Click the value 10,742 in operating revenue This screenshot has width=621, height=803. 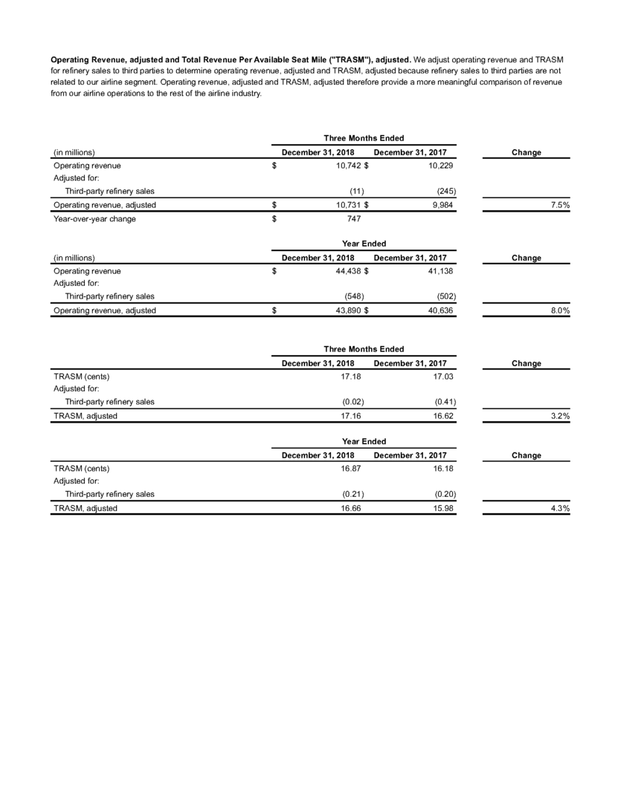(348, 166)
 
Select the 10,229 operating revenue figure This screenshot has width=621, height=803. (441, 166)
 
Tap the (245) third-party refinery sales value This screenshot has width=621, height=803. (443, 191)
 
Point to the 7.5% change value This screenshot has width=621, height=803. (559, 205)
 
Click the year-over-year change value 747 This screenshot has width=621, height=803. (354, 219)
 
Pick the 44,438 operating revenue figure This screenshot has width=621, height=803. (348, 272)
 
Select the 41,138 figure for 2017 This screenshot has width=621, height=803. (441, 272)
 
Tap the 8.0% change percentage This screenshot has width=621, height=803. (559, 311)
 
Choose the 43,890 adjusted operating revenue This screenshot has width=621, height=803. (348, 311)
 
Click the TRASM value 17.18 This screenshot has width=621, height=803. (353, 377)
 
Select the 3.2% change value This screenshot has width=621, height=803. (559, 416)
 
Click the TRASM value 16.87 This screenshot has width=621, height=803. (353, 469)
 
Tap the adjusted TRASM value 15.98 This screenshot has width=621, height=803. (444, 508)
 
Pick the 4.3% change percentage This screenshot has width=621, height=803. (559, 508)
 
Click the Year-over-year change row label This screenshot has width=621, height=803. (94, 219)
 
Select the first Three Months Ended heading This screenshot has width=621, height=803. (364, 138)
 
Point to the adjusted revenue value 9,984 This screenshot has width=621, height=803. (443, 205)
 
